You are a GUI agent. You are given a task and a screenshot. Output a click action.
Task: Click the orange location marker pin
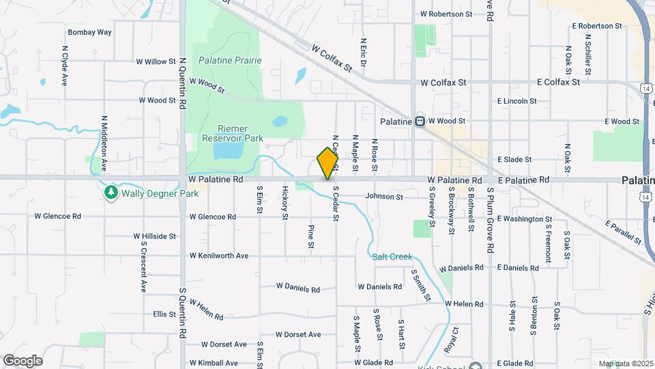(328, 163)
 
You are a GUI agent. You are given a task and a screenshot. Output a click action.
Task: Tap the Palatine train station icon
(419, 121)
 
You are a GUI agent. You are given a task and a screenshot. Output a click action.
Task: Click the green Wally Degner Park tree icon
(111, 193)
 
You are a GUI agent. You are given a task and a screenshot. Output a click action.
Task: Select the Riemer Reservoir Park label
(231, 133)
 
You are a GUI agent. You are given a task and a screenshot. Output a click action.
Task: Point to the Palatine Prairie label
(230, 60)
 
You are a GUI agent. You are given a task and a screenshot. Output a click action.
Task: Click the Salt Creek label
(392, 257)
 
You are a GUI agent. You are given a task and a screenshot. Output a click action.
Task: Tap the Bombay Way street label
(89, 32)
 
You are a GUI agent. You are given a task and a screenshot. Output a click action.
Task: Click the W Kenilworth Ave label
(218, 256)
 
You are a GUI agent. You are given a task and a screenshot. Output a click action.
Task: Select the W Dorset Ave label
(298, 335)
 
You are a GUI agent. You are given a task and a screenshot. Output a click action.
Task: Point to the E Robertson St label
(597, 25)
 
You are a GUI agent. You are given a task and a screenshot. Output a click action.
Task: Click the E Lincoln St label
(517, 101)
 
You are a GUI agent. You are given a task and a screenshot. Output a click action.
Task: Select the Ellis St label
(164, 314)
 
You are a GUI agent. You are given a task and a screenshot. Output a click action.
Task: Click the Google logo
(23, 361)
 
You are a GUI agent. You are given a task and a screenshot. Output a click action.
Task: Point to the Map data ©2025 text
(625, 364)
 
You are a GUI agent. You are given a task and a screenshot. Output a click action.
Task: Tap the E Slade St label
(514, 159)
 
